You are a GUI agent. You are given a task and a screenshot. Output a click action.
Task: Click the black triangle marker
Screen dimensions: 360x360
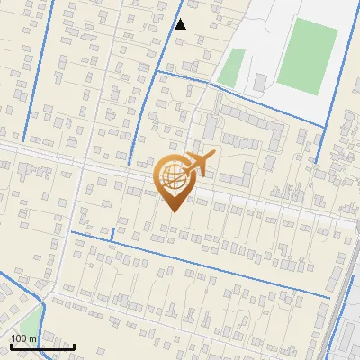tap(180, 24)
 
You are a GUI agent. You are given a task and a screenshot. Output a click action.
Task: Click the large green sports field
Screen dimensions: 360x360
tap(307, 58)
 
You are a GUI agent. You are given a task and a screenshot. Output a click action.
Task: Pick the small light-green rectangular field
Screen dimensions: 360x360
tap(232, 67)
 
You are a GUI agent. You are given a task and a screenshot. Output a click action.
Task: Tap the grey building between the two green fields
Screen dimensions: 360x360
tap(259, 83)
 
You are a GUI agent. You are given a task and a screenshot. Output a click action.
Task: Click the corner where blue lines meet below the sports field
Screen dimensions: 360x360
tap(323, 124)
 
